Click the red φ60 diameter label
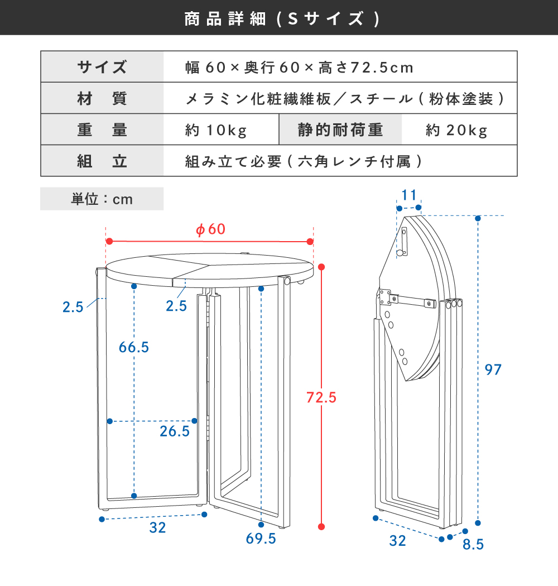coord(211,229)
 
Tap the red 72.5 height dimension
coord(321,397)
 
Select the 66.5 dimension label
coord(134,347)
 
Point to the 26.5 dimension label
coord(175,431)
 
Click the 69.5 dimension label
coord(261,539)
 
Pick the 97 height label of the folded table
coord(493,369)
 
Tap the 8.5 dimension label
coord(473,545)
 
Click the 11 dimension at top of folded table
coord(409,195)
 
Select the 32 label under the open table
coord(157,528)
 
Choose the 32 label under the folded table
coord(397,541)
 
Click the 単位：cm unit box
coord(102,199)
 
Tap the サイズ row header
coord(102,67)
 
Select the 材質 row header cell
coord(102,98)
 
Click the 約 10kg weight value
coord(216,130)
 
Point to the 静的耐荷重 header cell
coord(340,129)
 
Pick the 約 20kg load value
coord(456,130)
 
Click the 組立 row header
coord(102,161)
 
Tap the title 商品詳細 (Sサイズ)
coord(282,18)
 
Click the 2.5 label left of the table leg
coord(73,307)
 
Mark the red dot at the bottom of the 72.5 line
coord(321,527)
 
